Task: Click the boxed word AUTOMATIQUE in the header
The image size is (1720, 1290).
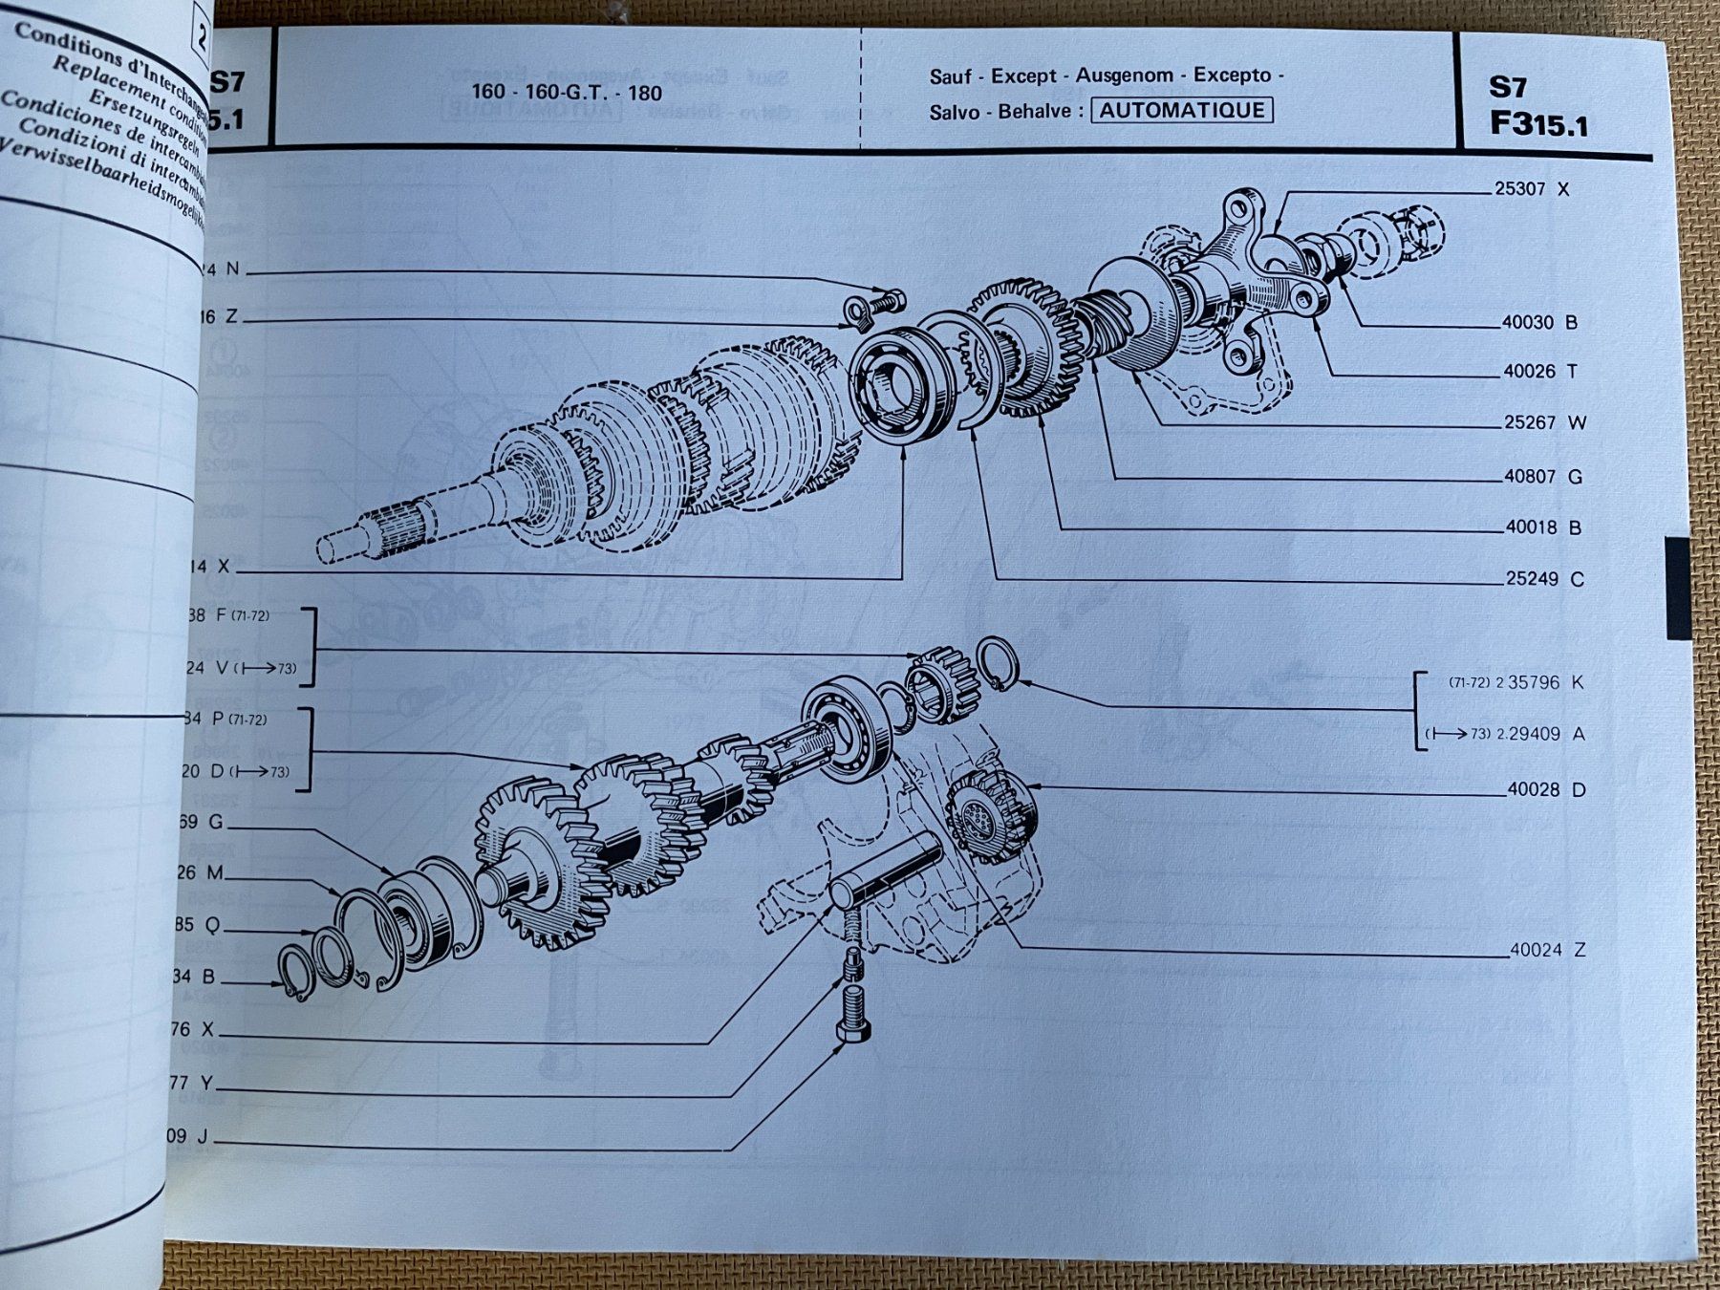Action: [1181, 110]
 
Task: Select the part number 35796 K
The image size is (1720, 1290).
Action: [1533, 682]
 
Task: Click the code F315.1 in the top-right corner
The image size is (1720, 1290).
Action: [1537, 125]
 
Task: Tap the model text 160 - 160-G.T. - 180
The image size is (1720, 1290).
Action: [566, 93]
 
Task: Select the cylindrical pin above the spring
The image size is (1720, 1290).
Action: [884, 870]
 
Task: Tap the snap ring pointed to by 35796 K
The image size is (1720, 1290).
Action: [999, 662]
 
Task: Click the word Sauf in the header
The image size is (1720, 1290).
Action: [950, 76]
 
